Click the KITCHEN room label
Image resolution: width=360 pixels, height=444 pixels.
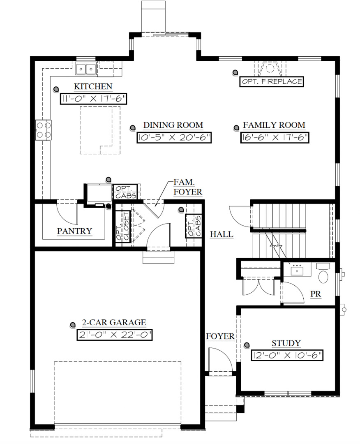[93, 86]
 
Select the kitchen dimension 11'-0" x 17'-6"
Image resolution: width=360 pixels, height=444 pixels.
[93, 99]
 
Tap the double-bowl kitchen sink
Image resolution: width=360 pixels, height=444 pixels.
[86, 69]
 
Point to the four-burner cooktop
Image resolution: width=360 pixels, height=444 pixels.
[43, 130]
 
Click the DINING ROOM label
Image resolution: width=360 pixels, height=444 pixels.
[173, 125]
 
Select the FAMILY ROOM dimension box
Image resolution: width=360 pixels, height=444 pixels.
[274, 138]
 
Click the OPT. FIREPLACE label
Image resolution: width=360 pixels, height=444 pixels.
[272, 81]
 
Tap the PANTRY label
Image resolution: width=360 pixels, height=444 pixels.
[74, 231]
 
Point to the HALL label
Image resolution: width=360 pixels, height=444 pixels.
[222, 235]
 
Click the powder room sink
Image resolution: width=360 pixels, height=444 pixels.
[297, 270]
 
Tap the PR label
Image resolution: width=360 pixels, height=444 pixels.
[316, 294]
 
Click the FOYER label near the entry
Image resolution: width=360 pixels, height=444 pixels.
[220, 336]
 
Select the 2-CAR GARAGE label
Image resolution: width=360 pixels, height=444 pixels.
[114, 323]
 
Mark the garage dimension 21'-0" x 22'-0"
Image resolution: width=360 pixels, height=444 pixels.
[115, 335]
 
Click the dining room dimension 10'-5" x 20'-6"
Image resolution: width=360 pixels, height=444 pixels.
[174, 138]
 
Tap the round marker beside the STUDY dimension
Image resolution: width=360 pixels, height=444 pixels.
[247, 345]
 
